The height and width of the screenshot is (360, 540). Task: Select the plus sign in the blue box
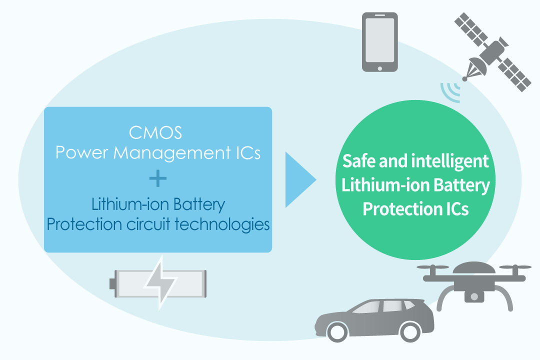click(158, 178)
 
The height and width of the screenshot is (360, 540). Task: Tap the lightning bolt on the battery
click(160, 283)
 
